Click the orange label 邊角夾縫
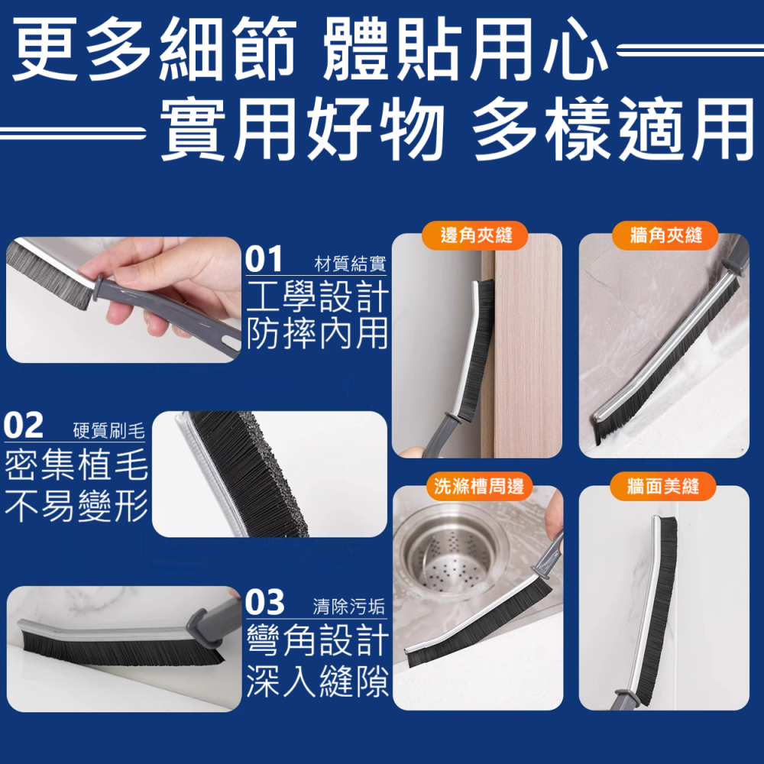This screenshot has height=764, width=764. pos(476,235)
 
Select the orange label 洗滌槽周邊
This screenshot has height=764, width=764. pos(477,487)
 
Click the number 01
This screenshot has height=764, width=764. pos(264,260)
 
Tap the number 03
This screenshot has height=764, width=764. pos(264,604)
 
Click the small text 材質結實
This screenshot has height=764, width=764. pos(351,265)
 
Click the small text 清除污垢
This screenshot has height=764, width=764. pos(349,608)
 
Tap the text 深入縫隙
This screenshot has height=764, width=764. pos(318,680)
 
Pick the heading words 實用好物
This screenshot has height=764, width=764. pos(302,131)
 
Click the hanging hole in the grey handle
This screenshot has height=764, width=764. pos(228,334)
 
